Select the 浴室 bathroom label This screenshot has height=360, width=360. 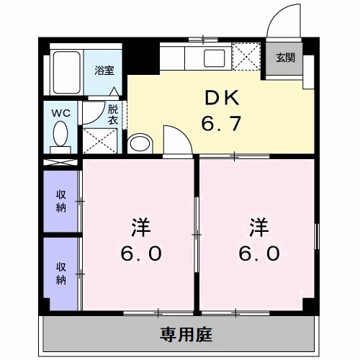(x=104, y=70)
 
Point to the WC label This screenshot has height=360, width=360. (x=60, y=112)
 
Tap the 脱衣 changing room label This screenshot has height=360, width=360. (x=113, y=114)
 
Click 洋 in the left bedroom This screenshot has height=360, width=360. (x=140, y=228)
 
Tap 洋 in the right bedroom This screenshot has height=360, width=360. (x=259, y=228)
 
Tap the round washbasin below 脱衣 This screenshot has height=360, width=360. (x=138, y=143)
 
